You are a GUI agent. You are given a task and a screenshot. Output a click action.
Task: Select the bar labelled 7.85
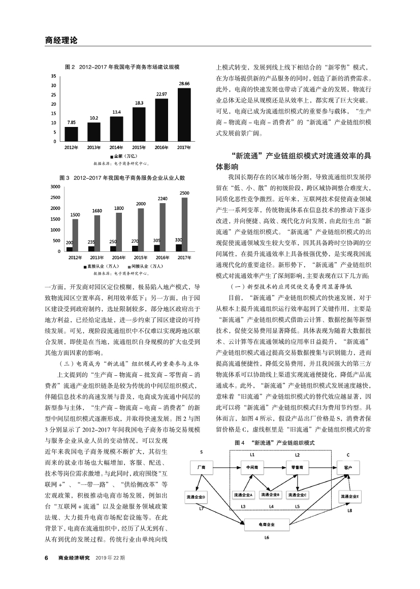72,134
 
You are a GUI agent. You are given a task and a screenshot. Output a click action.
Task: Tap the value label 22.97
161,94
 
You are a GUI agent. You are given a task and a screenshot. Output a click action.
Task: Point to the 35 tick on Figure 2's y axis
54,76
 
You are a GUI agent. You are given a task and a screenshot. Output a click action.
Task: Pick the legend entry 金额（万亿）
123,155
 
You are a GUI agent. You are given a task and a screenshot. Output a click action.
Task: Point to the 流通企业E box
350,496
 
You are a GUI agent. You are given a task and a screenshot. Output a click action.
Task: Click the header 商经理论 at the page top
61,40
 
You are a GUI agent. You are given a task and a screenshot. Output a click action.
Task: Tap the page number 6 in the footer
46,558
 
